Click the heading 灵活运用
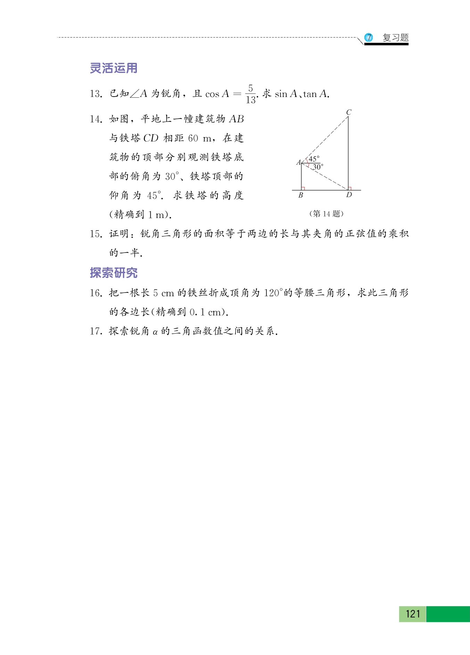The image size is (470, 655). [x=114, y=68]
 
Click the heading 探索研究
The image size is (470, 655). [x=114, y=273]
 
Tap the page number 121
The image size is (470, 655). [x=413, y=614]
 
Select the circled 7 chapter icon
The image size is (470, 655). [x=369, y=38]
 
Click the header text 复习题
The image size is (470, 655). [x=395, y=38]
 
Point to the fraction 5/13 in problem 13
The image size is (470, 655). [x=250, y=94]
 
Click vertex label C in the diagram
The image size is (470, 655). [x=349, y=112]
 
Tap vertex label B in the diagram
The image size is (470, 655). [x=301, y=195]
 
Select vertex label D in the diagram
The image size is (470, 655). [x=349, y=195]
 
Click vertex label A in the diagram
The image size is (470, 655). [x=298, y=162]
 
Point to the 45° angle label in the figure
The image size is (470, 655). [x=314, y=159]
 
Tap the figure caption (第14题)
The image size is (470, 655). [x=326, y=214]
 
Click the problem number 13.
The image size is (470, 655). [x=96, y=94]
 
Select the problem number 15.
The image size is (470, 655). [x=96, y=234]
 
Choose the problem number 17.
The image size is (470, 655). [x=96, y=331]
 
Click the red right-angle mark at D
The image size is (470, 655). [x=349, y=188]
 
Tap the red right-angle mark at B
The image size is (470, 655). [x=303, y=188]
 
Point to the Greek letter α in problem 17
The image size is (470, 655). [x=155, y=332]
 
